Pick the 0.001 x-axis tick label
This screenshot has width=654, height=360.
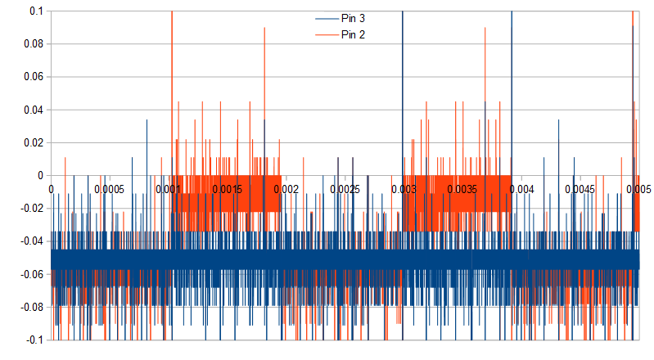tap(169, 189)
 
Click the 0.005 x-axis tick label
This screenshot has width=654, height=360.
tap(638, 189)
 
